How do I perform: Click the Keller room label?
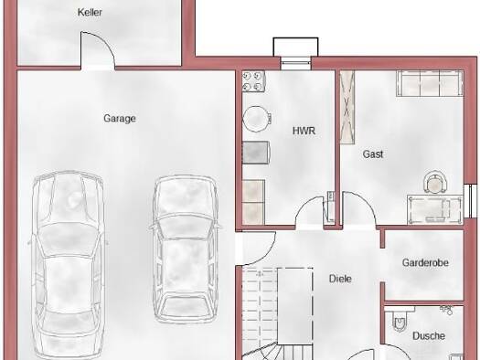[x=90, y=12]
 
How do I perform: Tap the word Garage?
[x=120, y=119]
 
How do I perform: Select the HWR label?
[x=304, y=131]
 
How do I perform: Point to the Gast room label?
[x=373, y=154]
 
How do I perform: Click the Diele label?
[x=340, y=279]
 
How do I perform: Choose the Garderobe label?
[x=425, y=262]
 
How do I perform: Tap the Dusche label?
[x=429, y=336]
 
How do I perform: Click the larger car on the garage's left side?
[x=68, y=265]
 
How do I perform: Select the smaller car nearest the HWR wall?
[x=186, y=249]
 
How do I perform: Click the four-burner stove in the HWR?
[x=253, y=81]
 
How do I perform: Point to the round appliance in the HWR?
[x=257, y=119]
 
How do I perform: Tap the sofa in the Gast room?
[x=430, y=83]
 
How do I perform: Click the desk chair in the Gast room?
[x=434, y=183]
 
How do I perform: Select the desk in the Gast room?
[x=435, y=209]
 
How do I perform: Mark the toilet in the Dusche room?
[x=400, y=321]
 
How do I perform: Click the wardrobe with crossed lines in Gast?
[x=347, y=107]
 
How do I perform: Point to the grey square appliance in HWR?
[x=255, y=153]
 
